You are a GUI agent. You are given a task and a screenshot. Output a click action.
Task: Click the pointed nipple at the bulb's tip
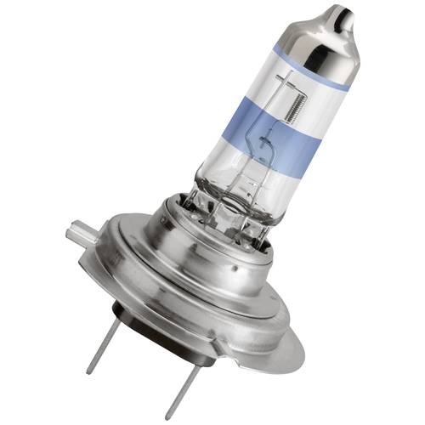click(345, 17)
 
